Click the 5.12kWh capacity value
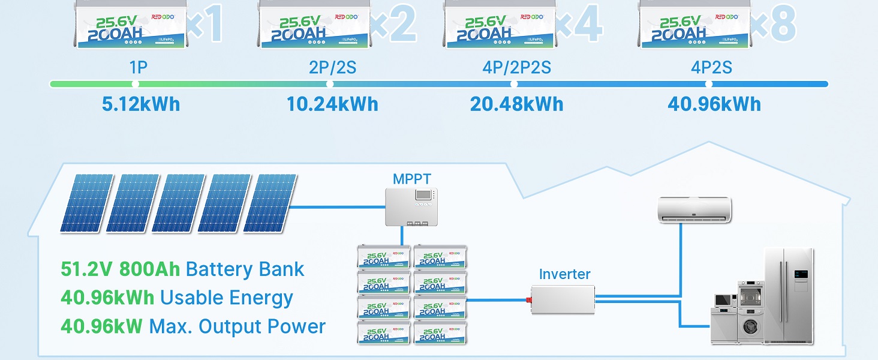pyautogui.click(x=141, y=104)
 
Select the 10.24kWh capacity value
pyautogui.click(x=332, y=104)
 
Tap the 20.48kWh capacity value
pyautogui.click(x=516, y=104)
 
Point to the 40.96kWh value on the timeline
pyautogui.click(x=714, y=104)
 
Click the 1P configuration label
pyautogui.click(x=138, y=67)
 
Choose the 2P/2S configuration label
pyautogui.click(x=332, y=67)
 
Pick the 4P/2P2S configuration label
pyautogui.click(x=516, y=67)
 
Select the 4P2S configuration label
pyautogui.click(x=711, y=67)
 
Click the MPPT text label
pyautogui.click(x=411, y=179)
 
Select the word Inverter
pyautogui.click(x=564, y=274)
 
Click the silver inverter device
pyautogui.click(x=562, y=298)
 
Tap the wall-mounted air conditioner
pyautogui.click(x=694, y=209)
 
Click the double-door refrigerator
pyautogui.click(x=788, y=294)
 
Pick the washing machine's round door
pyautogui.click(x=750, y=327)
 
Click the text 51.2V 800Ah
pyautogui.click(x=120, y=269)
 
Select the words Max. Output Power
pyautogui.click(x=237, y=326)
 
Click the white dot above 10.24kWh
pyautogui.click(x=329, y=84)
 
